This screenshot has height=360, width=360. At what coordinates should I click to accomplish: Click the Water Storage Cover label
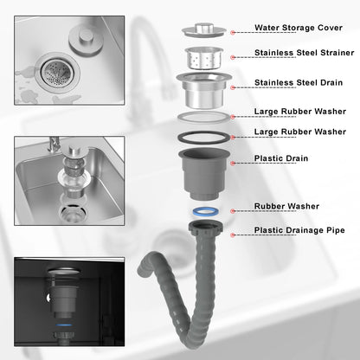tap(299, 28)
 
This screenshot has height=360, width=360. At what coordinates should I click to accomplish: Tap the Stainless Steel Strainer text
tap(304, 53)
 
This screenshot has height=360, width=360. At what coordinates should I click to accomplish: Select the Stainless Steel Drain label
tap(299, 82)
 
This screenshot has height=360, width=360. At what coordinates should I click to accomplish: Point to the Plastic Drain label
tap(281, 158)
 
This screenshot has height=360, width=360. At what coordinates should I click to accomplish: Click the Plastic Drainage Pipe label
tap(299, 230)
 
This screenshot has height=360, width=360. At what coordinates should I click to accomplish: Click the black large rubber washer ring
tap(203, 138)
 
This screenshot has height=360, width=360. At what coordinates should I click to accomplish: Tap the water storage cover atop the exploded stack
tap(203, 30)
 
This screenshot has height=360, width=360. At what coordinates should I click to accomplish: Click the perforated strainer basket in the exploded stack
tap(203, 58)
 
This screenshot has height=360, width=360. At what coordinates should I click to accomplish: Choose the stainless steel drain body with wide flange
tap(204, 90)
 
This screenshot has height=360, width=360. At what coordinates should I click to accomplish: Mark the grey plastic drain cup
tap(204, 174)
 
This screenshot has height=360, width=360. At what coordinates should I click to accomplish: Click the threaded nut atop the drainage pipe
tap(205, 227)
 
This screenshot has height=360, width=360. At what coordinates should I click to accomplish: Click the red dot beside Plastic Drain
tap(233, 163)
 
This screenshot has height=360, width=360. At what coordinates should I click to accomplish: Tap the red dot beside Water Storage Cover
tap(233, 32)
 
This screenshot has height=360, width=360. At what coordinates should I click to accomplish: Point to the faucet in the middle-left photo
tap(54, 145)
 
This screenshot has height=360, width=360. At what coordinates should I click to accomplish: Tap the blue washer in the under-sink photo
tap(64, 325)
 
